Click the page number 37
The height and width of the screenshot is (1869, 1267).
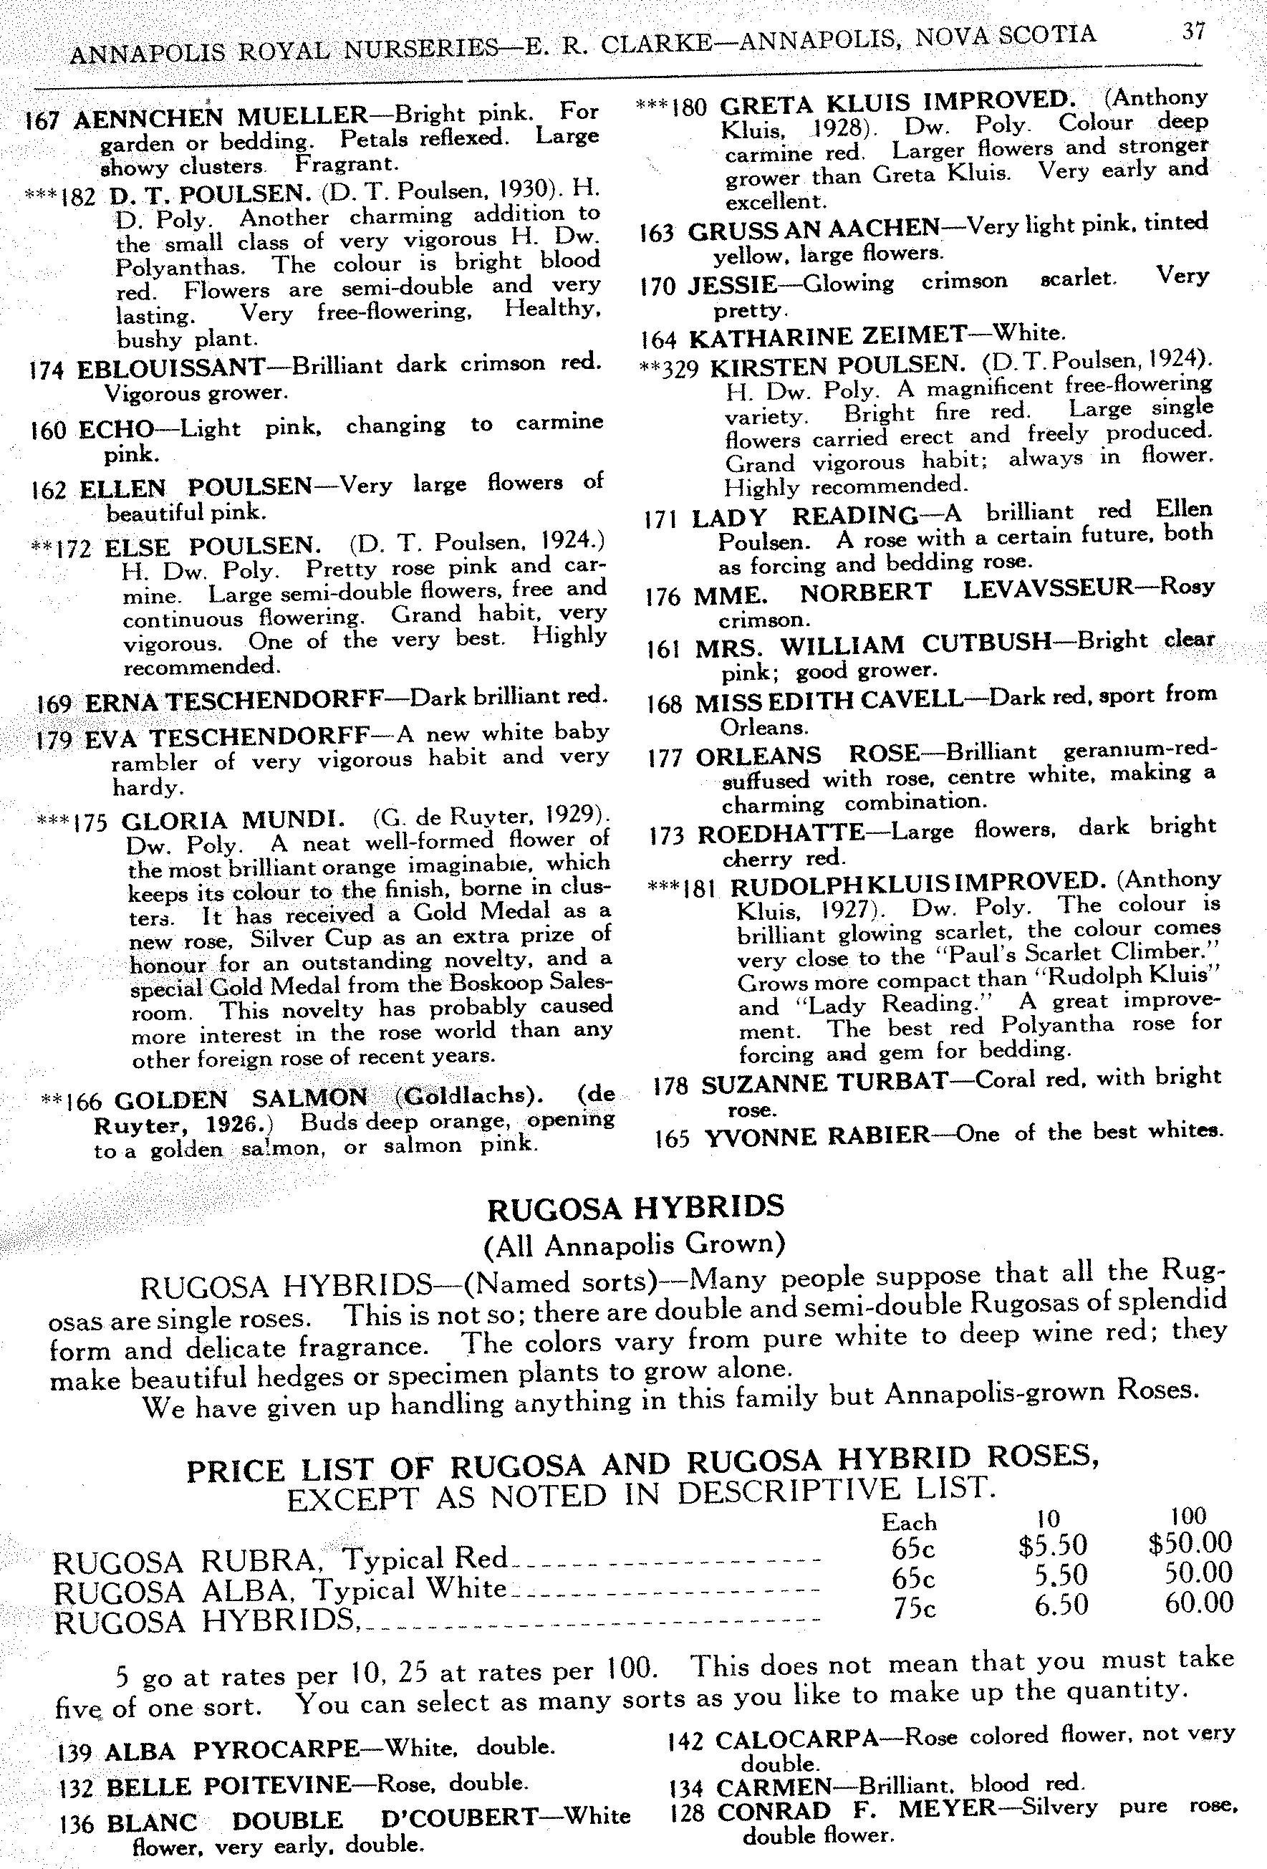pyautogui.click(x=1193, y=32)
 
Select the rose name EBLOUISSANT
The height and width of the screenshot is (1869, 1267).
pyautogui.click(x=170, y=368)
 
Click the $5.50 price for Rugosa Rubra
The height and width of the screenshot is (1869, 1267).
pyautogui.click(x=1051, y=1545)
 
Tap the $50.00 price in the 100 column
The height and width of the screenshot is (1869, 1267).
pyautogui.click(x=1190, y=1542)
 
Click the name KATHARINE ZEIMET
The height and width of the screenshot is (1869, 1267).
pyautogui.click(x=827, y=336)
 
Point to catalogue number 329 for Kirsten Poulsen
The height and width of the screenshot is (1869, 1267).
pyautogui.click(x=682, y=368)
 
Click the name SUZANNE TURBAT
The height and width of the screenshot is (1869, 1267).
pyautogui.click(x=824, y=1083)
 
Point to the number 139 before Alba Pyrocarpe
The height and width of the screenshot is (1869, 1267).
pyautogui.click(x=74, y=1752)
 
